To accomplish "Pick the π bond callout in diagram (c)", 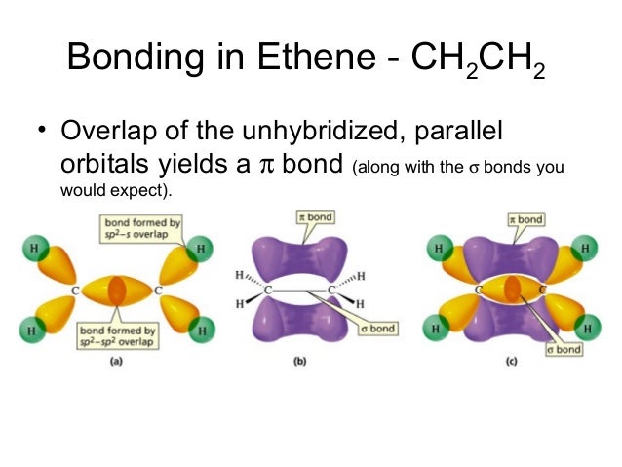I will (525, 220).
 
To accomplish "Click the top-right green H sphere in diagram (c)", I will (586, 250).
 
